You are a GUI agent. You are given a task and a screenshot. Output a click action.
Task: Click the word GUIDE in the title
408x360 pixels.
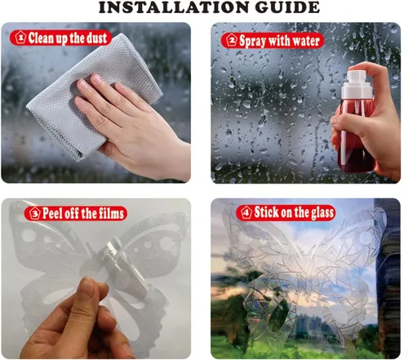point(287,7)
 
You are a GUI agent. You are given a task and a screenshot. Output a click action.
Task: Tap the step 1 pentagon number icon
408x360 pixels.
point(20,38)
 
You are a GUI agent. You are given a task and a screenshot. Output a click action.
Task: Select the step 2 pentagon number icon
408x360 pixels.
point(232,41)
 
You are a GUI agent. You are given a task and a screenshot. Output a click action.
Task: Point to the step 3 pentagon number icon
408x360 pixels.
point(35,213)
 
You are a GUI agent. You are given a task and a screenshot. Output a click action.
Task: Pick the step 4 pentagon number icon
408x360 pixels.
point(246,212)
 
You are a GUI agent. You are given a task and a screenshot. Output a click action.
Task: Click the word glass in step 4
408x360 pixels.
point(322,212)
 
